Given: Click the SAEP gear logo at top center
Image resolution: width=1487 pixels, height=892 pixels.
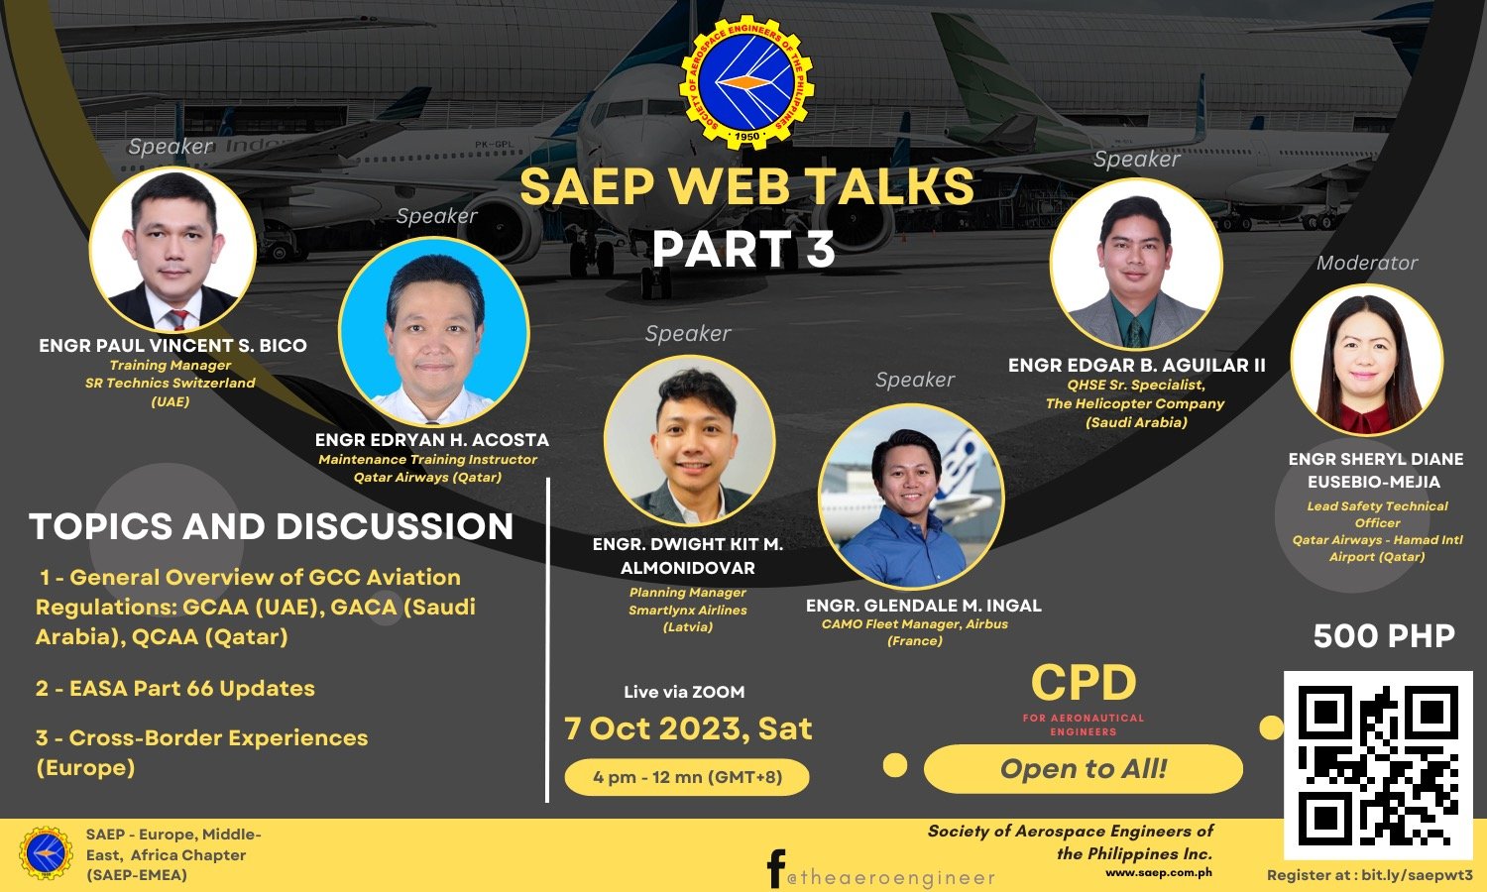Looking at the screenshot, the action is coord(746,81).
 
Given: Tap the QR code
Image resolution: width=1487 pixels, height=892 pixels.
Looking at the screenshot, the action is coord(1378,764).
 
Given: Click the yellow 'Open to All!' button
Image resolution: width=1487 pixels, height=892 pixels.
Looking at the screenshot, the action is coord(1083,768).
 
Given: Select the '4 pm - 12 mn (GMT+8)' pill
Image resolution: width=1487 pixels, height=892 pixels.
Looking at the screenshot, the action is coord(687,776).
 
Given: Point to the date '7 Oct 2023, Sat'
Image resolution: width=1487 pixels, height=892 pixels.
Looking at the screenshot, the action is coord(688,728).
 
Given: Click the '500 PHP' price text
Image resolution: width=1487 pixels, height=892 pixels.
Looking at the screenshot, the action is coord(1384,635).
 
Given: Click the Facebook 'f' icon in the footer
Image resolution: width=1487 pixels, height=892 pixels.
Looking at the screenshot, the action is coord(775,868).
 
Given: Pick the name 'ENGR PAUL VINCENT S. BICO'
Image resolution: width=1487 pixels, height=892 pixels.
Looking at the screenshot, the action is coord(172,345).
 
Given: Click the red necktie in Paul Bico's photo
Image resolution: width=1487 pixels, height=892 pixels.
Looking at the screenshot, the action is coord(176,318).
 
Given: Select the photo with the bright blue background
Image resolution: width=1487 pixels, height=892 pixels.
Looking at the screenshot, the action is coord(434,332).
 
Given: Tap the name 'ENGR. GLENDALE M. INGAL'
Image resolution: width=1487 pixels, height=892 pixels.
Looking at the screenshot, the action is coord(923,606).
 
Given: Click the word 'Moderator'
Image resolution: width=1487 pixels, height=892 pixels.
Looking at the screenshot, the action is coord(1367,263).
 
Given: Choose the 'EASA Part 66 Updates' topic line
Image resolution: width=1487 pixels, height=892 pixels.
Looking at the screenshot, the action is coord(175,688).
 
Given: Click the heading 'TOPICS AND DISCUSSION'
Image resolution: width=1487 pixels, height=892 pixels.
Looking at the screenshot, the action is coord(271,526).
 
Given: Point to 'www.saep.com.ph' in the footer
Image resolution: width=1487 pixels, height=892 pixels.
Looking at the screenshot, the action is coord(1159,873).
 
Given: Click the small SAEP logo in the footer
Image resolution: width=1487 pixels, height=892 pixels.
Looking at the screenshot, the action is coord(46,853).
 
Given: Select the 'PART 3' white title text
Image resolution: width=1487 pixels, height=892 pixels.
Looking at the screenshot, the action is coord(743,249).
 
